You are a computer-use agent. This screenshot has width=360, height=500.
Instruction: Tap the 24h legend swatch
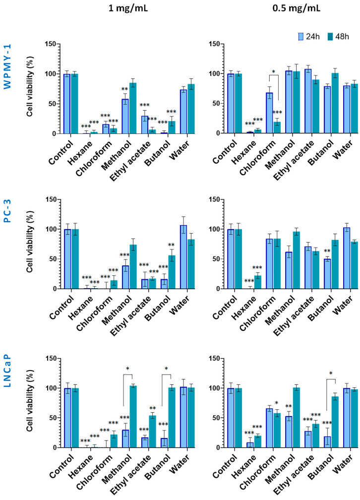[300, 37]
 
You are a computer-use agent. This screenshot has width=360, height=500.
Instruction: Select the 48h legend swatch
[330, 37]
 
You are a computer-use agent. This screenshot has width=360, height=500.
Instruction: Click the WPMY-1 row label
[7, 66]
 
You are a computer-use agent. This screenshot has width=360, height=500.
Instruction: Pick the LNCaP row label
[7, 371]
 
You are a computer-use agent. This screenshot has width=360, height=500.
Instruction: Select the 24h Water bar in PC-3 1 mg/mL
[183, 257]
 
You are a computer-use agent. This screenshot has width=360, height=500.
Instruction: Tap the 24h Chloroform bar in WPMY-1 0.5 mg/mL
[269, 113]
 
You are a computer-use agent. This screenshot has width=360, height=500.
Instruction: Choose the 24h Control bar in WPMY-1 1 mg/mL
[66, 104]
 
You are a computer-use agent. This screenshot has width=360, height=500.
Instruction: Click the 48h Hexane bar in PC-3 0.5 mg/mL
[258, 282]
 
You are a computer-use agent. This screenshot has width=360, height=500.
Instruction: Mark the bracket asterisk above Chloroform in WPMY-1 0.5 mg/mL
[273, 72]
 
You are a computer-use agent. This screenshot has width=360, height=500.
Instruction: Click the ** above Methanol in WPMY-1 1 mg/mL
[124, 89]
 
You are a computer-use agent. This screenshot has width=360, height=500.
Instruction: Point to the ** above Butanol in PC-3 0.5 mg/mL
[327, 251]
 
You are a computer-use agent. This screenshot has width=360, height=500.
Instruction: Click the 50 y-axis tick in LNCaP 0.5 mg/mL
[221, 418]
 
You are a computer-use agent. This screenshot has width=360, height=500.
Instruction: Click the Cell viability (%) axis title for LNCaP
[30, 403]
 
